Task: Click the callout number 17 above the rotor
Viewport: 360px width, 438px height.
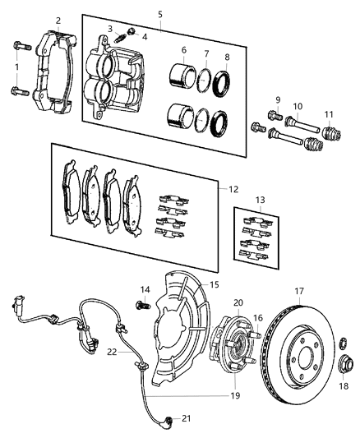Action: pos(300,290)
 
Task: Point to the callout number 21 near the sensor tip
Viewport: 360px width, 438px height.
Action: pos(186,418)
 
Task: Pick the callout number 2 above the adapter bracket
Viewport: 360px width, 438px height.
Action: pos(58,20)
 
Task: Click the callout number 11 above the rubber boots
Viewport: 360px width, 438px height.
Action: pos(328,113)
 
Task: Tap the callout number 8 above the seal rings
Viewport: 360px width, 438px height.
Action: pos(227,57)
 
